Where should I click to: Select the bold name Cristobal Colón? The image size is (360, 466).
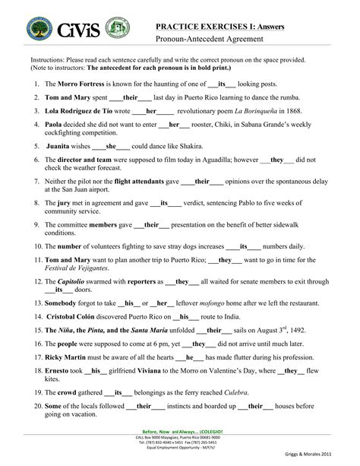(80, 316)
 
